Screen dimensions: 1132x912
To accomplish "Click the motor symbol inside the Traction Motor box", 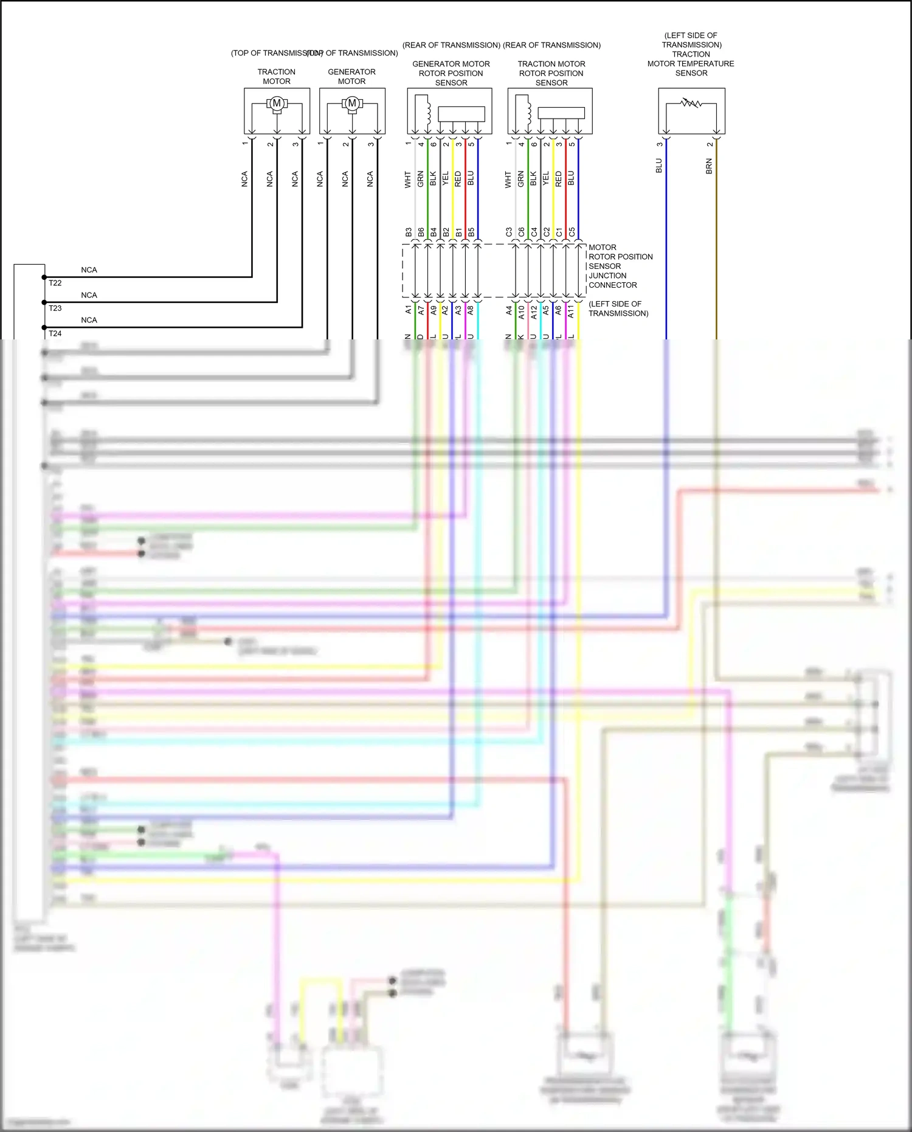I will [x=277, y=103].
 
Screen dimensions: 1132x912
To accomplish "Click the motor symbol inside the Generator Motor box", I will [x=352, y=103].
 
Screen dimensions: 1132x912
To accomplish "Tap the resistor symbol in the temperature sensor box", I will [x=691, y=103].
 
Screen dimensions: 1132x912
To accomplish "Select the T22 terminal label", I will [x=55, y=283].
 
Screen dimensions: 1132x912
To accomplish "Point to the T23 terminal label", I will [x=55, y=308].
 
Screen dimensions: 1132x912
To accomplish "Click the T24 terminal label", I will [x=55, y=333].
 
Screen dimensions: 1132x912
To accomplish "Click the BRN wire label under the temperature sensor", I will [x=709, y=166].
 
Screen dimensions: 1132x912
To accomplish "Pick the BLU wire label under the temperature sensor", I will [x=659, y=165].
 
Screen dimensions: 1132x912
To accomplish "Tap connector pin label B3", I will [x=409, y=232].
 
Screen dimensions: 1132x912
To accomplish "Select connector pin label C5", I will [x=572, y=232].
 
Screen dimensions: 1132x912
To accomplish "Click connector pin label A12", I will [x=534, y=311].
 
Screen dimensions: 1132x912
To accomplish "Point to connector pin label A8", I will [x=471, y=310].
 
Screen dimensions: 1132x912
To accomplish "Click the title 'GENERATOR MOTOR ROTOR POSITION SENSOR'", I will [x=451, y=73].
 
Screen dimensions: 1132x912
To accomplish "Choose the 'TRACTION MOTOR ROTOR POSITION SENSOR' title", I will [x=551, y=73].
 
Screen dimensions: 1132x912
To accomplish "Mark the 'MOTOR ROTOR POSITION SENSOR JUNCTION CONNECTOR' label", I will [x=620, y=266].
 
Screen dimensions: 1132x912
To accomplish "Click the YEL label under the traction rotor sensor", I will [x=546, y=178].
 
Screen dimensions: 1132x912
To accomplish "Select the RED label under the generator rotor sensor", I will [x=458, y=178].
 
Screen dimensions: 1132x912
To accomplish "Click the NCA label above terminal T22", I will [x=89, y=270].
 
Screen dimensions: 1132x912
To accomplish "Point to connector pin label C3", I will [x=509, y=232].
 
